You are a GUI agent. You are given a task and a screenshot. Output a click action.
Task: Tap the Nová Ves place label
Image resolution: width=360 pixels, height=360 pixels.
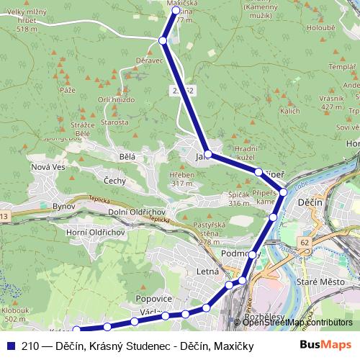click(x=49, y=167)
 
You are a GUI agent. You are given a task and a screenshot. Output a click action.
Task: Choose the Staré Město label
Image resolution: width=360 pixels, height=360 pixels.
click(x=323, y=282)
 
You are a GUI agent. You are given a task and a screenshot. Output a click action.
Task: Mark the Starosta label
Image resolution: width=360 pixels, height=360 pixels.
click(x=115, y=122)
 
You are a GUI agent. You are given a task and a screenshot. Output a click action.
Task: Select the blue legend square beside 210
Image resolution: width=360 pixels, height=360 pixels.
click(x=10, y=345)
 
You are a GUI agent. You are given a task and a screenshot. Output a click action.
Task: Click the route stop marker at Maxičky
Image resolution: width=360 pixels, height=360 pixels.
click(x=176, y=11)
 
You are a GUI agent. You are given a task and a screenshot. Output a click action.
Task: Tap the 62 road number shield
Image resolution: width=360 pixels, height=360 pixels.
click(x=305, y=243)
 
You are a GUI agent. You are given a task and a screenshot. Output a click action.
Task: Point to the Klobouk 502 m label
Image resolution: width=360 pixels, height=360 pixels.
click(x=15, y=314)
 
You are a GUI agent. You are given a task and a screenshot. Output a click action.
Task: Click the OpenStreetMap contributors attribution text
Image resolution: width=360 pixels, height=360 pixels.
click(x=297, y=322)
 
